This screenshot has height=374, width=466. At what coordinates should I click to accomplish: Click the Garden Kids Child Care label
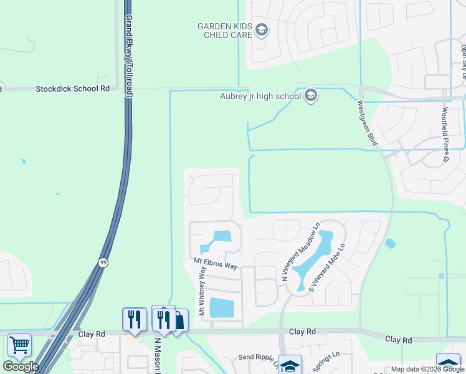click(x=225, y=30)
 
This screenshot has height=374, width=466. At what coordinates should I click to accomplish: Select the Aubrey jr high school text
click(x=260, y=96)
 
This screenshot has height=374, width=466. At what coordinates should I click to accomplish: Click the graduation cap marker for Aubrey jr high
click(x=311, y=96)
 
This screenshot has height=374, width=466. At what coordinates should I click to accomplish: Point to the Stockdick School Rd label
click(x=72, y=89)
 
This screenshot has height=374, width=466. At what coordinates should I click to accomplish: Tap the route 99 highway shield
click(x=103, y=263)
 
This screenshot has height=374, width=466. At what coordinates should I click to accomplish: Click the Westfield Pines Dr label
click(x=445, y=135)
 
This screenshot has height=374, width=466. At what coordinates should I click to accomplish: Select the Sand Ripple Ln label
click(x=259, y=358)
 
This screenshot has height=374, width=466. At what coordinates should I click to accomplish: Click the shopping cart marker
click(x=20, y=345)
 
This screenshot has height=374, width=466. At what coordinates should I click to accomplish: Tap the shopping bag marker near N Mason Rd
click(x=179, y=322)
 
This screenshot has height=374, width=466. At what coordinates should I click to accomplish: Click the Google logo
click(x=21, y=367)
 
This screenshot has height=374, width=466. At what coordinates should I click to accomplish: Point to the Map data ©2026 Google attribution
click(x=427, y=369)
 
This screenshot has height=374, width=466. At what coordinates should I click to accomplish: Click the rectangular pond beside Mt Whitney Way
click(x=222, y=308)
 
